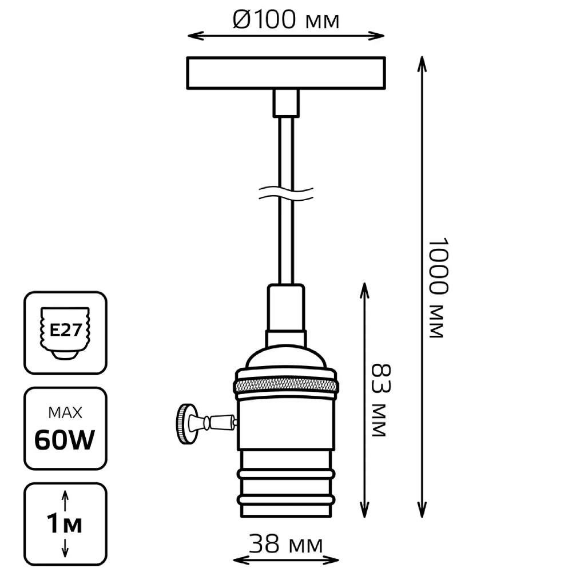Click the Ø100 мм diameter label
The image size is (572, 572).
[286, 19]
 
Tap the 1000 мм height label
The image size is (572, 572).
[437, 288]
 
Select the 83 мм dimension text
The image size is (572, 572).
[381, 400]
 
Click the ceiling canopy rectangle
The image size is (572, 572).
[286, 73]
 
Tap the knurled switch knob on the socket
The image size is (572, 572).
[186, 424]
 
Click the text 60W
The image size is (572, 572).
[65, 440]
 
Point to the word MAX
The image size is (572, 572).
[65, 412]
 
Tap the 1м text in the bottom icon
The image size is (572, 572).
[65, 524]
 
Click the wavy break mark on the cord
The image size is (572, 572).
[286, 194]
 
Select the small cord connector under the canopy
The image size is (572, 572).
[286, 103]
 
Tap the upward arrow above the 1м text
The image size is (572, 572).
[65, 500]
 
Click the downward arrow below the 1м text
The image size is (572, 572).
[65, 547]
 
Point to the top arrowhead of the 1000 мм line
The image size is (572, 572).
[422, 64]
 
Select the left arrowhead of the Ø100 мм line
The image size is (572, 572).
[196, 35]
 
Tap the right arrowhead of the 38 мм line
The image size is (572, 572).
[331, 559]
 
